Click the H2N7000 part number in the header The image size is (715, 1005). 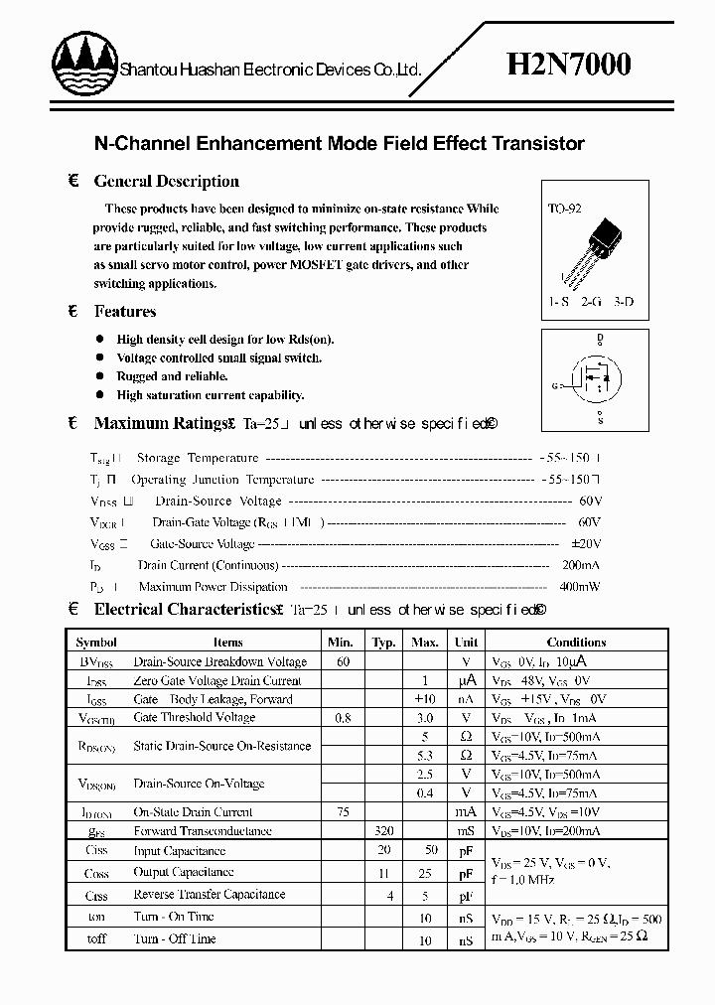[x=569, y=66]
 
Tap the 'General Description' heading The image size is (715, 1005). [x=166, y=181]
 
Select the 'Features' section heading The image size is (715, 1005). [x=125, y=311]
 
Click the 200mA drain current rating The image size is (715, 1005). [x=580, y=565]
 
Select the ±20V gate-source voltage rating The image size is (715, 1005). [x=586, y=543]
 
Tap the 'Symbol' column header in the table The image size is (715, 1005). [x=96, y=643]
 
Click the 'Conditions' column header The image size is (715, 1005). [x=576, y=643]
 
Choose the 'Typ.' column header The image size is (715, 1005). [x=383, y=643]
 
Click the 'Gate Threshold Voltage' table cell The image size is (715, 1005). [x=195, y=717]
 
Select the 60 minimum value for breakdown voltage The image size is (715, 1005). [x=343, y=661]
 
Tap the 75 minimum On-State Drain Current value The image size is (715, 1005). [x=343, y=811]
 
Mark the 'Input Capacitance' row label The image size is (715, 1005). [x=180, y=851]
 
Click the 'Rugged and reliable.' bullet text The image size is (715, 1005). [x=173, y=376]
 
